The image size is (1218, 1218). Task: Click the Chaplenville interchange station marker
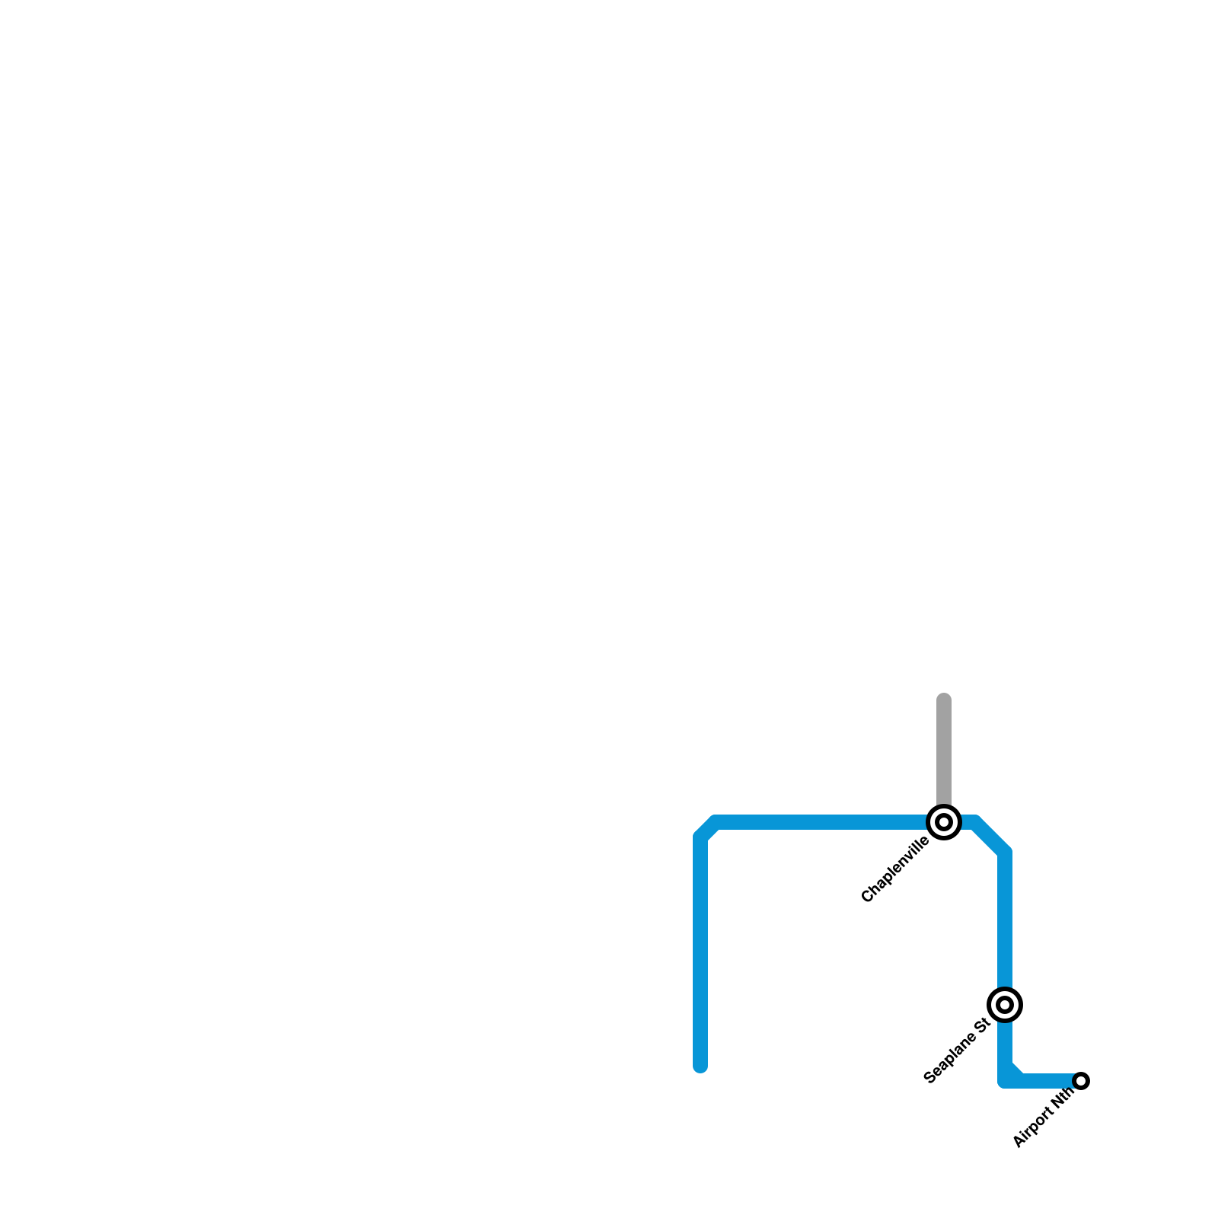[944, 822]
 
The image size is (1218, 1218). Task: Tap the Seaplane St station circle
[1005, 1005]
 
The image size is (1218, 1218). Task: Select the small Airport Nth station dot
[1081, 1081]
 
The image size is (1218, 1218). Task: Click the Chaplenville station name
[895, 870]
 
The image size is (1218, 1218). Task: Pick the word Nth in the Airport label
[1063, 1096]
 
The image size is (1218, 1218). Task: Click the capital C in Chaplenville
[867, 898]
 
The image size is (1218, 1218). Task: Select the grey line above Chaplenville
[944, 754]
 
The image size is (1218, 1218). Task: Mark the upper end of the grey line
[944, 699]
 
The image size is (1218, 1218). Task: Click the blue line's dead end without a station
[700, 1066]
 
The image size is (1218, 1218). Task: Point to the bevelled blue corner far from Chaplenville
[707, 830]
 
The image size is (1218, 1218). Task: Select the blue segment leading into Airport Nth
[1047, 1081]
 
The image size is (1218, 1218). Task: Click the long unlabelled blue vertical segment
[700, 952]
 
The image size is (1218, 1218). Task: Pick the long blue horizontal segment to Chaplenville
[822, 822]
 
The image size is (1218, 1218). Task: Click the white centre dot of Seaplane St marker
[1005, 1005]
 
